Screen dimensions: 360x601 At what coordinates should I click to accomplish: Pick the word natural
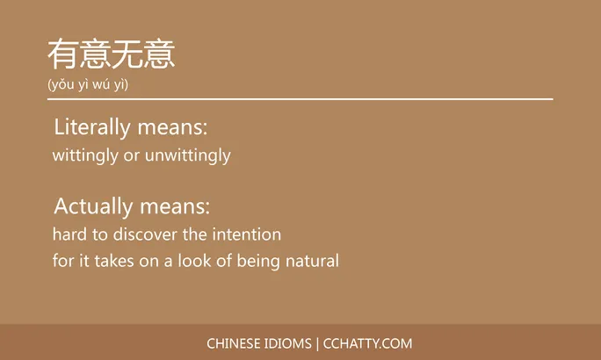(312, 261)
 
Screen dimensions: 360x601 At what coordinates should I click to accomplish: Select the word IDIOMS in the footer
(289, 343)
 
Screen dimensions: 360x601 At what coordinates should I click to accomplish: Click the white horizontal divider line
(300, 99)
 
